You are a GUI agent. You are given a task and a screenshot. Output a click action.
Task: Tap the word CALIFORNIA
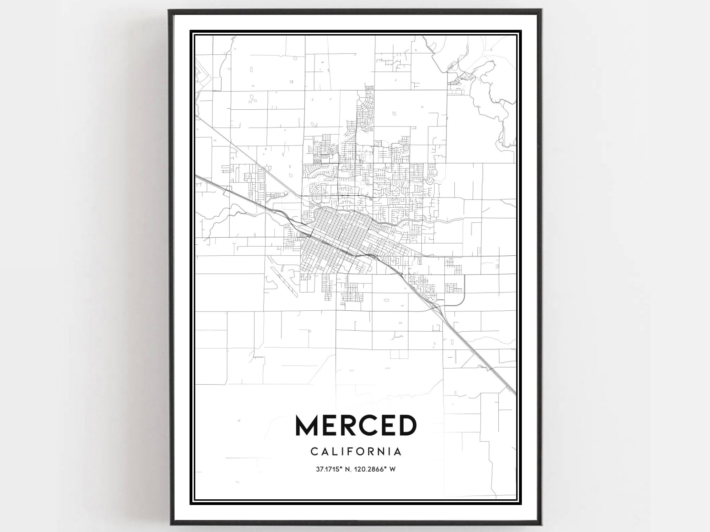pyautogui.click(x=356, y=452)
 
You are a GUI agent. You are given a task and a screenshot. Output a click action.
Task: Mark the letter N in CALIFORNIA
pyautogui.click(x=382, y=452)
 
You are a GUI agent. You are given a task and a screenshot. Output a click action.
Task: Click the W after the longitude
pyautogui.click(x=392, y=469)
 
